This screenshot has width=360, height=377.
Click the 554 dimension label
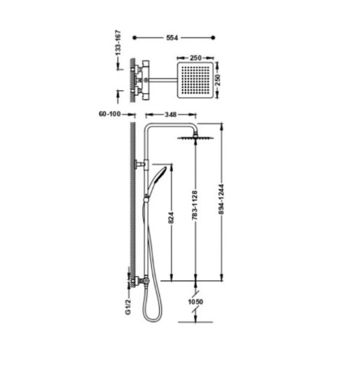pyautogui.click(x=172, y=38)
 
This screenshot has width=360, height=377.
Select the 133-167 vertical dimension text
pyautogui.click(x=118, y=43)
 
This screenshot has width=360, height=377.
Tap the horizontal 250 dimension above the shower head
pyautogui.click(x=196, y=58)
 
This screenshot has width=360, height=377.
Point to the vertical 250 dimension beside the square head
pyautogui.click(x=217, y=80)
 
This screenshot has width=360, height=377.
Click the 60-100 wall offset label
pyautogui.click(x=110, y=113)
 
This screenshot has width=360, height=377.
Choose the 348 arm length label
pyautogui.click(x=170, y=115)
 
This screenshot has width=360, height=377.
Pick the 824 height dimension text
pyautogui.click(x=171, y=217)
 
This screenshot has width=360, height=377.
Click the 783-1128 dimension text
pyautogui.click(x=194, y=205)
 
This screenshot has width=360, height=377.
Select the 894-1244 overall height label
pyautogui.click(x=221, y=199)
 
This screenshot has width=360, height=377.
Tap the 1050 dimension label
pyautogui.click(x=196, y=301)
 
